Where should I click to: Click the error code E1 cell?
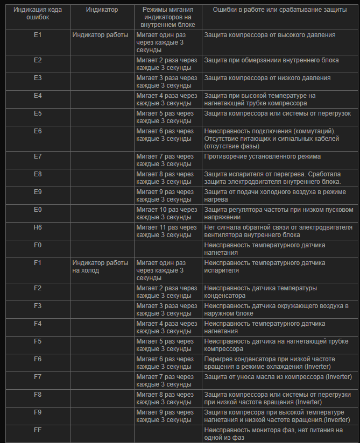point(38,35)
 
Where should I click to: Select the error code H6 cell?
point(38,227)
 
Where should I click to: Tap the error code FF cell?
point(38,430)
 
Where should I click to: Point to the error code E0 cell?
point(38,210)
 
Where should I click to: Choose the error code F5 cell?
point(38,341)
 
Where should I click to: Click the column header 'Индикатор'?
point(102,10)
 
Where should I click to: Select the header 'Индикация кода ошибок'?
point(38,14)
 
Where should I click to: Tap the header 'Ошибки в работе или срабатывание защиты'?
point(279,10)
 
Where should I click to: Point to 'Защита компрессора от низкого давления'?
point(267,78)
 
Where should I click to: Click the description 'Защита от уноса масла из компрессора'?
point(278,377)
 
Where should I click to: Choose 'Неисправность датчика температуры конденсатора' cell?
point(260,292)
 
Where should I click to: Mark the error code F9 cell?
point(38,412)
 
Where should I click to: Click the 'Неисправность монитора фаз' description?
point(273,434)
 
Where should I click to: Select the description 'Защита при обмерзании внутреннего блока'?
point(271,60)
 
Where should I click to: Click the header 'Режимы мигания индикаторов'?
point(168,17)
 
